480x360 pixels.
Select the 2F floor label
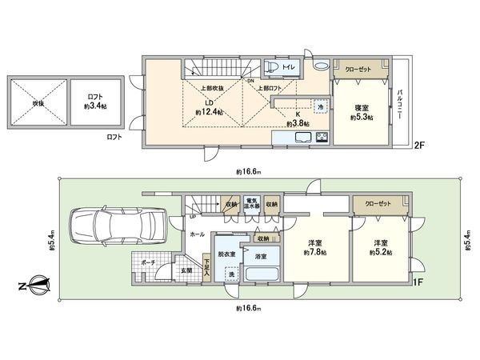point(418,146)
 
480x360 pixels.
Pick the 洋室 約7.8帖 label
point(312,246)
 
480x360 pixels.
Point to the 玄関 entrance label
point(186,271)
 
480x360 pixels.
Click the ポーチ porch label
point(147,260)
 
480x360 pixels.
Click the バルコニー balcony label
point(399,105)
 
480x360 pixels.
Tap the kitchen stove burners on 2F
point(321,138)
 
